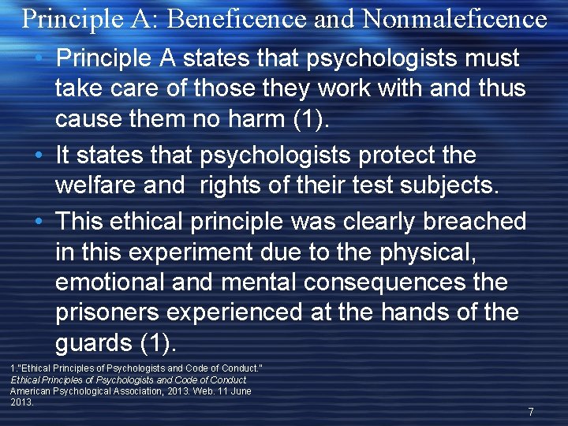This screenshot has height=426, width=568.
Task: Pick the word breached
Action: [474, 222]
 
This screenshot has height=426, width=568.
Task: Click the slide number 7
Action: [531, 411]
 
